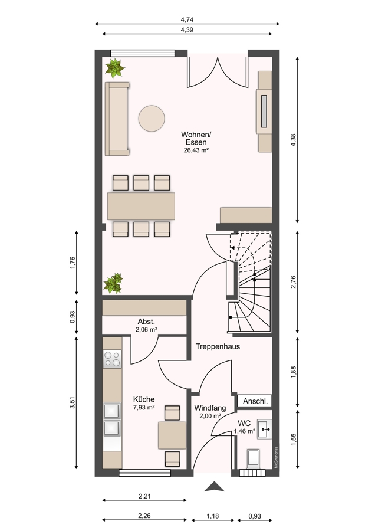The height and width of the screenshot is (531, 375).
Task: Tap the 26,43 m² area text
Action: point(196,150)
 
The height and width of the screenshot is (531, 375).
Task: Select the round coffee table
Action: point(152,119)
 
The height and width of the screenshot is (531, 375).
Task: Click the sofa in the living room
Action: point(117,119)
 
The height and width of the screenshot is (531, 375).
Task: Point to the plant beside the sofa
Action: point(115,68)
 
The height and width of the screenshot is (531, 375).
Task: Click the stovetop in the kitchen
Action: point(112,359)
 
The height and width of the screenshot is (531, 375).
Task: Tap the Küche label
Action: point(144,399)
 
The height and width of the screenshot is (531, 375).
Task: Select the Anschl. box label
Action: point(255,401)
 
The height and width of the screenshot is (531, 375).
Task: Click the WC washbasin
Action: point(264,430)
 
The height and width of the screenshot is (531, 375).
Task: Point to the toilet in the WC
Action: point(253,459)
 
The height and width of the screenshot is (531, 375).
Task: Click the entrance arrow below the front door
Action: point(214,486)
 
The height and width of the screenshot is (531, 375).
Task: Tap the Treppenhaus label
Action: point(218,347)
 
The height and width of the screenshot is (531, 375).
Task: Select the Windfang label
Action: point(210,408)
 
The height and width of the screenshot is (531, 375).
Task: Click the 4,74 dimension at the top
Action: point(187,20)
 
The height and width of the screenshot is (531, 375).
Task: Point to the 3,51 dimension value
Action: point(72,402)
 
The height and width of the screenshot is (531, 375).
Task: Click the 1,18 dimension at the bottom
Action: point(212,516)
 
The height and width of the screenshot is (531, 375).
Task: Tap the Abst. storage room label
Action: point(146,322)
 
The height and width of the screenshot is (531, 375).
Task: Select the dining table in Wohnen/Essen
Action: point(141,206)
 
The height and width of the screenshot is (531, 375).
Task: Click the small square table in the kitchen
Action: point(172,435)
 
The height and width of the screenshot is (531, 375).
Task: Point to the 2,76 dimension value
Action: point(293,283)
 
